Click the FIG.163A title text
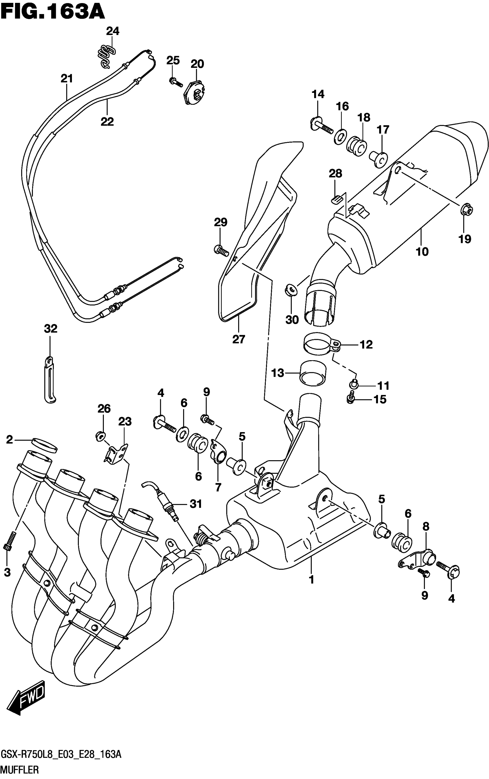[53, 12]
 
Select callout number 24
[112, 31]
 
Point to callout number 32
[50, 329]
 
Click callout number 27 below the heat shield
[239, 339]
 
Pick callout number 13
[278, 373]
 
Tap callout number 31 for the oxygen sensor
[196, 503]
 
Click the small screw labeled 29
[221, 250]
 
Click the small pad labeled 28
[336, 200]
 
